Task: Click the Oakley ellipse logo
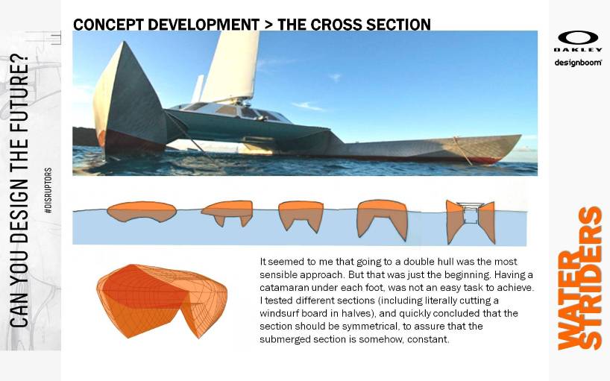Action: (x=578, y=38)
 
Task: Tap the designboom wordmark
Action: (x=578, y=62)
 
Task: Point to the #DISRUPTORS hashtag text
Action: (x=48, y=190)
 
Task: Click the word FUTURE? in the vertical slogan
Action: (x=19, y=82)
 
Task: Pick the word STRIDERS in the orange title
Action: (x=590, y=277)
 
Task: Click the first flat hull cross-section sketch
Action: (x=142, y=212)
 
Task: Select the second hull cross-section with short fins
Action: (x=228, y=212)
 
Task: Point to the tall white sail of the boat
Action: (x=231, y=66)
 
